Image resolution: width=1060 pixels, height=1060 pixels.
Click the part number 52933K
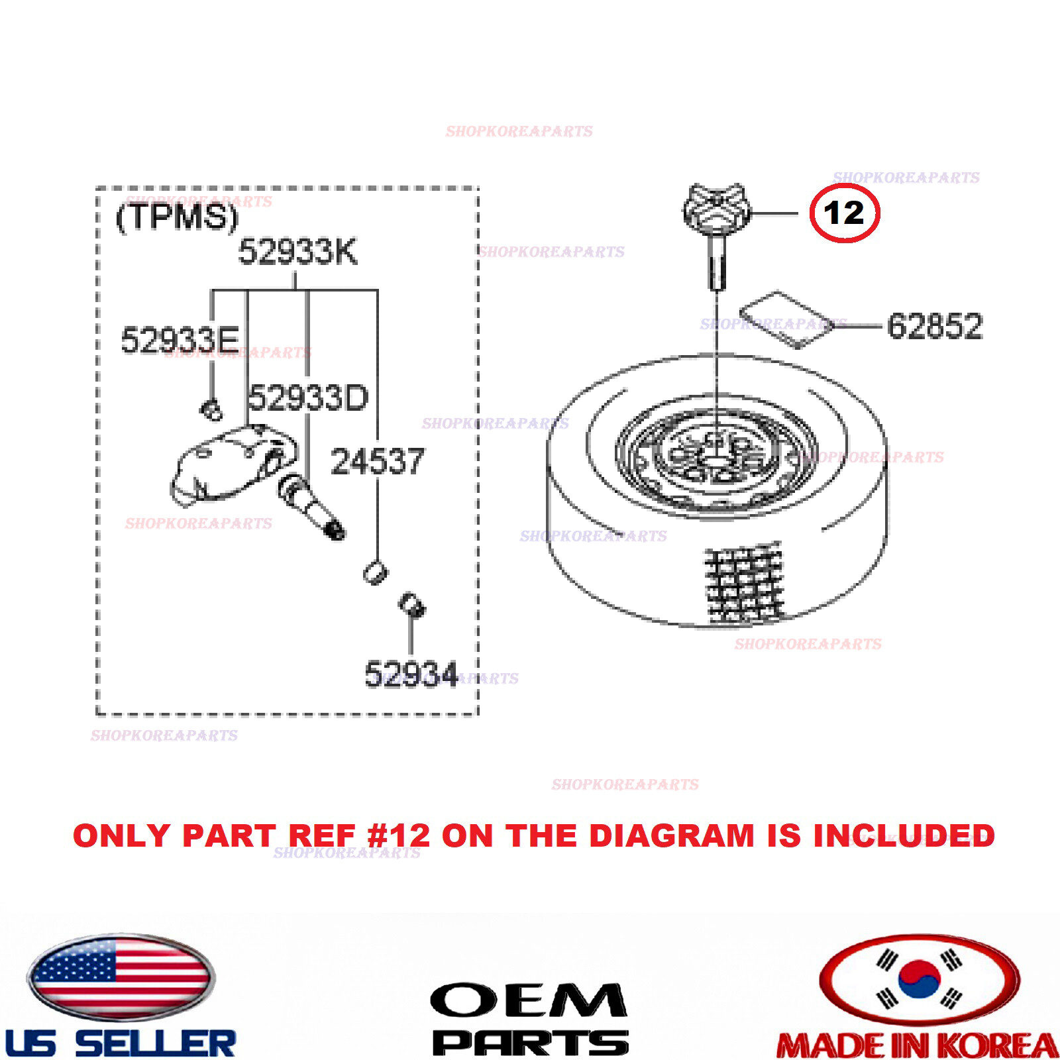tap(297, 252)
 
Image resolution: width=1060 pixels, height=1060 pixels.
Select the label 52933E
tap(180, 340)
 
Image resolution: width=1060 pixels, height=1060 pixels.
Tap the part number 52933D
tap(307, 398)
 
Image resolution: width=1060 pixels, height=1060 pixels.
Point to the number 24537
tap(377, 462)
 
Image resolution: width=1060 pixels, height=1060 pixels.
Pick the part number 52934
tap(411, 674)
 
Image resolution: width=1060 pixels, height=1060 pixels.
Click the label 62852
tap(934, 326)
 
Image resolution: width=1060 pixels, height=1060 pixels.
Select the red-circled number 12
tap(844, 213)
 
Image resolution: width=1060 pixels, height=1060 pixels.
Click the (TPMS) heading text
tap(176, 216)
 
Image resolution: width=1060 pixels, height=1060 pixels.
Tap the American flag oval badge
tap(120, 977)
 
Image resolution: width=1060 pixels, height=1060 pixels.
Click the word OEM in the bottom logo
tap(528, 1000)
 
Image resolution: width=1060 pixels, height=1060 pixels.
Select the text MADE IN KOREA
tap(917, 1045)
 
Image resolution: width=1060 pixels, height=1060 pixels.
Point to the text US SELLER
tap(120, 1043)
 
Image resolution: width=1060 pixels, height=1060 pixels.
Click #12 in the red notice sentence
tap(398, 835)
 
